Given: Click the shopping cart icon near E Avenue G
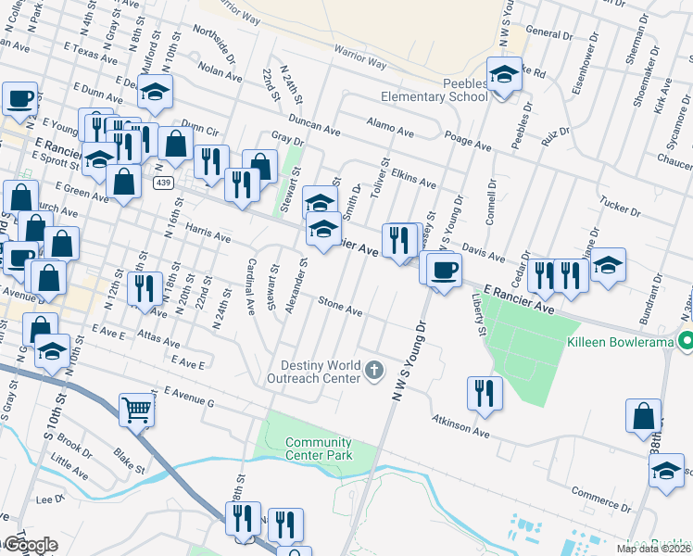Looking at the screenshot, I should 136,409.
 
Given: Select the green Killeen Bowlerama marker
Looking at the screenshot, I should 685,341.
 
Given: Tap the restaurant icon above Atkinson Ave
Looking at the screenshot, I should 485,391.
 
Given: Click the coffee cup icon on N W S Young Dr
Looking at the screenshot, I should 444,270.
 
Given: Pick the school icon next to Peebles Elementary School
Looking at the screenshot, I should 504,74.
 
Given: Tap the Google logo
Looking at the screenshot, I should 30,544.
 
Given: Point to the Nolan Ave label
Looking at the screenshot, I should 220,72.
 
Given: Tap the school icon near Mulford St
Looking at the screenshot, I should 157,91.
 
